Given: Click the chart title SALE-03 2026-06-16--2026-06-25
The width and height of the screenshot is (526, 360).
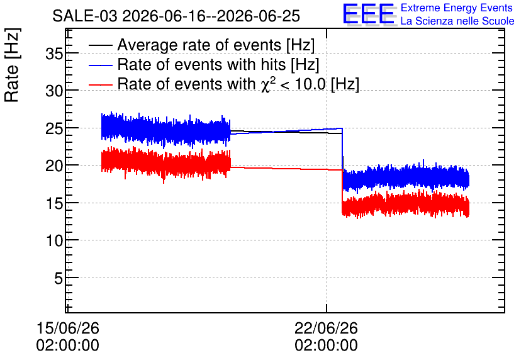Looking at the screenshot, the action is (176, 16).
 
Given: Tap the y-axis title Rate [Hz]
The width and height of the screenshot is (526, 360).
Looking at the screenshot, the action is (12, 65).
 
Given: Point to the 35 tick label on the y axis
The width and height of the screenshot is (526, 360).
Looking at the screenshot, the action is (54, 53).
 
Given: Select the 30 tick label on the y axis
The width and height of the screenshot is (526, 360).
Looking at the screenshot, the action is (54, 91).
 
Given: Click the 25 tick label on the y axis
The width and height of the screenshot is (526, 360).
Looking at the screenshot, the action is (54, 128).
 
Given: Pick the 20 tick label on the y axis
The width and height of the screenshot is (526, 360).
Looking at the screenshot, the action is (54, 166).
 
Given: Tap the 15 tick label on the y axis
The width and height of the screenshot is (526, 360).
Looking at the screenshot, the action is (54, 203).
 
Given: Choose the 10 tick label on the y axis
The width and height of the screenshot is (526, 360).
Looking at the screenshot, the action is (54, 240).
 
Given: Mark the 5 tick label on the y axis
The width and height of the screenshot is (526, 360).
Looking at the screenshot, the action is (59, 278).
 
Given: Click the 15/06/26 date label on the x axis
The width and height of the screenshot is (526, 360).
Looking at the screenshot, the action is (68, 328).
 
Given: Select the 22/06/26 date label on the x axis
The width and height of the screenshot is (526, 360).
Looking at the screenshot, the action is (327, 328).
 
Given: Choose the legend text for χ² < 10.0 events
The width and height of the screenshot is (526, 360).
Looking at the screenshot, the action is (238, 84).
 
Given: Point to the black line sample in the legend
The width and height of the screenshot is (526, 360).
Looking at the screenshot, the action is (101, 45).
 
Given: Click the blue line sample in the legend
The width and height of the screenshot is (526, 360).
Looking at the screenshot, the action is (101, 65).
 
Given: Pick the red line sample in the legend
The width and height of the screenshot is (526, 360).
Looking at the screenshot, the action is (101, 84).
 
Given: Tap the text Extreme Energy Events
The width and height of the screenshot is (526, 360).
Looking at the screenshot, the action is (457, 8).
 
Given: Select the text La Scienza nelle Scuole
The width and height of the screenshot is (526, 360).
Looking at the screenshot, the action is (457, 21).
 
